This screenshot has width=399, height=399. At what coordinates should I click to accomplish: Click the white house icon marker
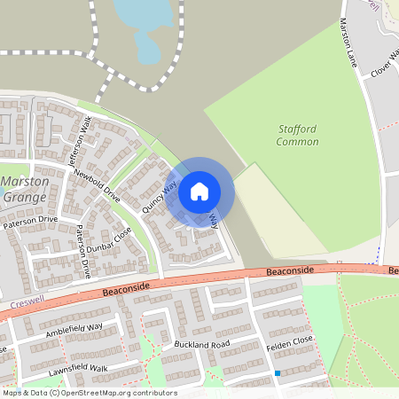coord(199,191)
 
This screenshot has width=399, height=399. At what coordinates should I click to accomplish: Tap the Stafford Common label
coord(297,136)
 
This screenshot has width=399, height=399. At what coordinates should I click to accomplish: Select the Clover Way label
coord(385,60)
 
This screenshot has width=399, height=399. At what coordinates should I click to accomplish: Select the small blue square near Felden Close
coord(278,373)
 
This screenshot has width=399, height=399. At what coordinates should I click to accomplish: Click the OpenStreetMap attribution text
coord(89,393)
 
